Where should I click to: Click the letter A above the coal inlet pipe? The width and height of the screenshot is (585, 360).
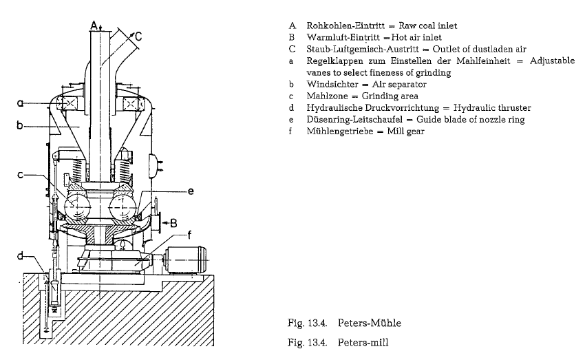(x=94, y=25)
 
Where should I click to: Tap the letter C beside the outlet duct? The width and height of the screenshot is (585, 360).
(x=138, y=36)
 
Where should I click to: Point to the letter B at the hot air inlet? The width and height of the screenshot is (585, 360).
(x=173, y=224)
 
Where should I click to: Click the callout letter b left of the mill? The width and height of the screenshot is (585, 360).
(x=20, y=125)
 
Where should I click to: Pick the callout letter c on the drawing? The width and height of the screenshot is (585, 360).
(x=21, y=174)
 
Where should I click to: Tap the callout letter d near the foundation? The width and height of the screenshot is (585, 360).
(x=20, y=255)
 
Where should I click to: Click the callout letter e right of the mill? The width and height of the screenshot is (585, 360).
(x=191, y=191)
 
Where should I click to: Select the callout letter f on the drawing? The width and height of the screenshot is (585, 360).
(x=189, y=235)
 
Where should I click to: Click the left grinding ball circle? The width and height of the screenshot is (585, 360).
(x=77, y=206)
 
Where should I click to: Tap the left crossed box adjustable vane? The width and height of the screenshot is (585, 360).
(x=68, y=103)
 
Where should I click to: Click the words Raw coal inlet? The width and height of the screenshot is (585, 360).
(x=427, y=25)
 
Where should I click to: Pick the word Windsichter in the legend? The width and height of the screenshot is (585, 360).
(x=332, y=84)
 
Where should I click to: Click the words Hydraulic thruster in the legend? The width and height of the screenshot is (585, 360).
(x=492, y=108)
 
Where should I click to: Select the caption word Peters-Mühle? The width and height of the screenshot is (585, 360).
(x=370, y=323)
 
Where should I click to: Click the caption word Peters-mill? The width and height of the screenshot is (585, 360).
(x=363, y=343)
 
